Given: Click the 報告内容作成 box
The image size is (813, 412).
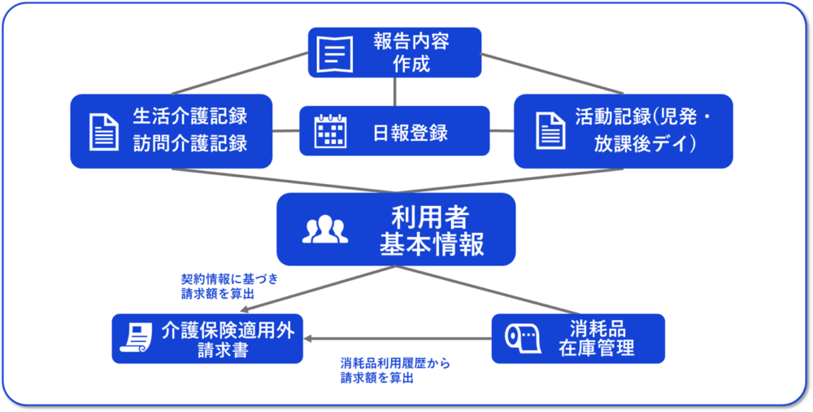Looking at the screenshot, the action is pos(394,52).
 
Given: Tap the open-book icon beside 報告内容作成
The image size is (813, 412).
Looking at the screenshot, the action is pos(335,54).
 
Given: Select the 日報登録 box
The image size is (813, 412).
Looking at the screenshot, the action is pos(394,130).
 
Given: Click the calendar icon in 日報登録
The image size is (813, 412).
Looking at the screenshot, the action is pos(331,131).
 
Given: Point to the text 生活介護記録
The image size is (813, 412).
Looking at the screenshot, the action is pos(189,116).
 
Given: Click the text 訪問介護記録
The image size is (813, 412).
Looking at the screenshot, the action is pos(189,143).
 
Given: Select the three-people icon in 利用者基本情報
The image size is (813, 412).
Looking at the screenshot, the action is pos(325,229).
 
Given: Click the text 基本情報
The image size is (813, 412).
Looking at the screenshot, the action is pos(432,245).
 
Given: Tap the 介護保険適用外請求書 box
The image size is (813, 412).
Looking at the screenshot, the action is pos(207,339).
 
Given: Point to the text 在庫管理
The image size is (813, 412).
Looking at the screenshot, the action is pos(596,348).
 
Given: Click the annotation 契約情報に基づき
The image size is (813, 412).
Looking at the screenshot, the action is pos(229,278).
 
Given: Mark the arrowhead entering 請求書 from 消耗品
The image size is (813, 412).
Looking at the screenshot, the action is pos(307,339).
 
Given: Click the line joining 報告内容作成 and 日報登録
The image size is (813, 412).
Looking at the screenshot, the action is pos(395,92).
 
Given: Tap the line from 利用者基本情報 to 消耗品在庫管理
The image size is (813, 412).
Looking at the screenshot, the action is pos(486,290).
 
